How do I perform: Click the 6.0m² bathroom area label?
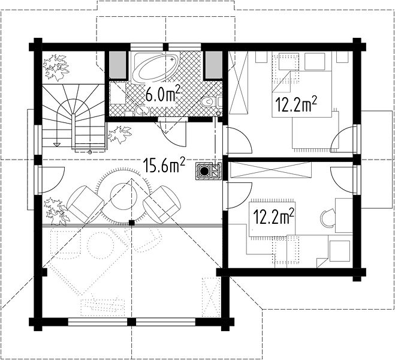(x=163, y=93)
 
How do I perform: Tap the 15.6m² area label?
(x=164, y=165)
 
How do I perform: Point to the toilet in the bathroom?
(x=209, y=102)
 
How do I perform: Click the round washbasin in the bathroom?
(x=142, y=110)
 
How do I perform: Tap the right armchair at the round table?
(x=162, y=205)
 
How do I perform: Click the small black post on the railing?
(x=131, y=223)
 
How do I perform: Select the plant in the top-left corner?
(x=56, y=67)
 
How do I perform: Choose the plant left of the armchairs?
(x=57, y=212)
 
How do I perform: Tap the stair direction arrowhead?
(x=57, y=145)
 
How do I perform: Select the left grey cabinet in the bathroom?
(x=117, y=65)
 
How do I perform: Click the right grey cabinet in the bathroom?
(x=214, y=65)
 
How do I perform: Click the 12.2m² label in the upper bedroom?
(x=296, y=104)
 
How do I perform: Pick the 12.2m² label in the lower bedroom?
(x=273, y=217)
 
